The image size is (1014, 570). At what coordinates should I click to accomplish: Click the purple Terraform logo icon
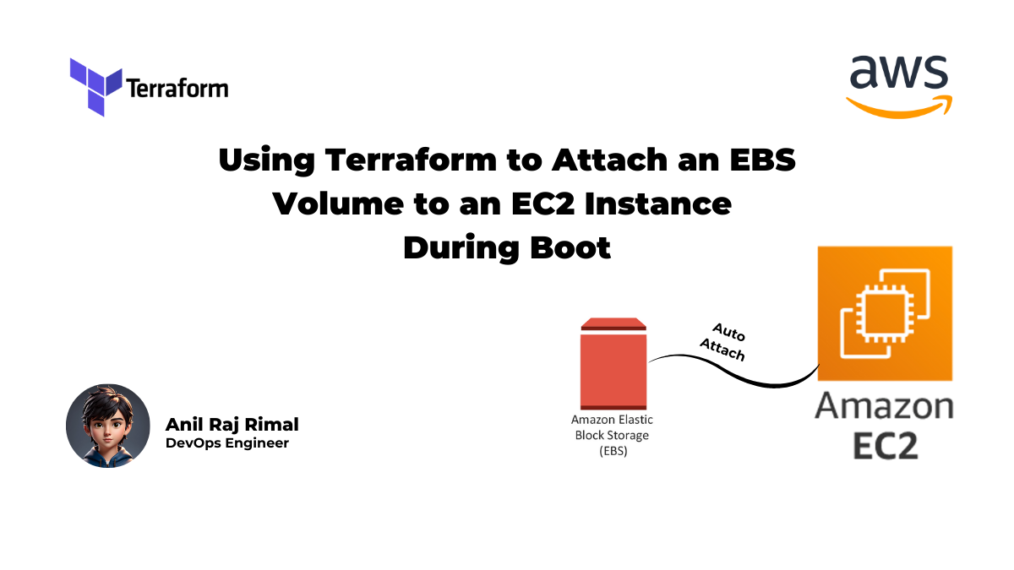(x=95, y=85)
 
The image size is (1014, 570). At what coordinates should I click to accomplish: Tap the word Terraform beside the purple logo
(x=177, y=87)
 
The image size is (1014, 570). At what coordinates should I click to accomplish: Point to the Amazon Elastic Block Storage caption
(x=612, y=435)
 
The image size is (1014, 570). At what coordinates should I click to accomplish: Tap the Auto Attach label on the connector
(x=725, y=340)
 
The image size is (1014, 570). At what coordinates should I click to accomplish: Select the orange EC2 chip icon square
(x=885, y=313)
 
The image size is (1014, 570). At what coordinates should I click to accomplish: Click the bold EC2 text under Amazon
(x=885, y=445)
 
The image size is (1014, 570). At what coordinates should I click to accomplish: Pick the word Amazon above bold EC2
(x=884, y=407)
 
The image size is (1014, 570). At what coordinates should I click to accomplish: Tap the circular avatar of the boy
(x=108, y=426)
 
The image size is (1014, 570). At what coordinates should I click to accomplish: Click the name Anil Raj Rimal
(x=232, y=424)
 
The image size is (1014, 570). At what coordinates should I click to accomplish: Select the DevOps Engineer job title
(x=226, y=443)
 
